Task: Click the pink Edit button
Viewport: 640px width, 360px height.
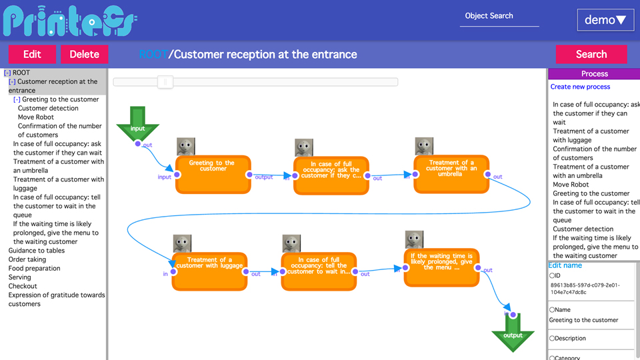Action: click(32, 55)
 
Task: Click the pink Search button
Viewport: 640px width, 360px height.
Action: click(591, 55)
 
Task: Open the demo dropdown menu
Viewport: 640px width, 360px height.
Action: click(605, 20)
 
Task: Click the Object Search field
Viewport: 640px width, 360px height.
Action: click(499, 17)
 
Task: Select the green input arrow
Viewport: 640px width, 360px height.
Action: click(138, 125)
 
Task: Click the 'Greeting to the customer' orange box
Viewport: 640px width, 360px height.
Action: click(213, 174)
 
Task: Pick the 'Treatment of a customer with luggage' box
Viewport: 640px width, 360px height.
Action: click(209, 271)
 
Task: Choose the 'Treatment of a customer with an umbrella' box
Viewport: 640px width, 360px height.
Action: click(451, 174)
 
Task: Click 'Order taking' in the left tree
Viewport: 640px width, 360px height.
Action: click(27, 259)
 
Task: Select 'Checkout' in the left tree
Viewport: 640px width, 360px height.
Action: click(23, 286)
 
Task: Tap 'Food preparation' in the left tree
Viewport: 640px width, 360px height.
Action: click(34, 268)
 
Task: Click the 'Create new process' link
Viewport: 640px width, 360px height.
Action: click(580, 87)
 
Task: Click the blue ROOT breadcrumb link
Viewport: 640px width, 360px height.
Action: click(153, 55)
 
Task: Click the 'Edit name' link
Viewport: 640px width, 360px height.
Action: click(565, 265)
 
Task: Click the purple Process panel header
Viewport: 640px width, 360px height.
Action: click(594, 73)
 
